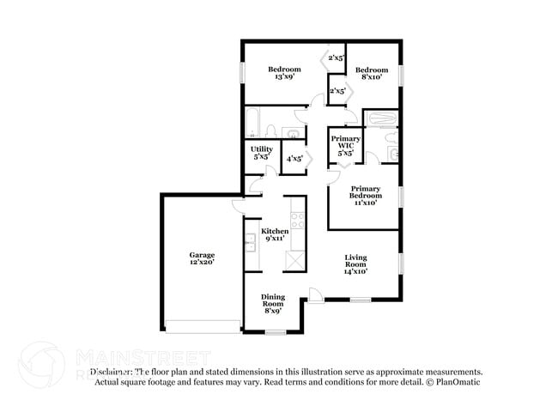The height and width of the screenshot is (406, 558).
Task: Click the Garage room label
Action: pos(203,256)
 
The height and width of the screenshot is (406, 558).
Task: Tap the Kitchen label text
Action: pos(275,232)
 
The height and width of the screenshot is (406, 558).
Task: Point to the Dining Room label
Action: pos(272,300)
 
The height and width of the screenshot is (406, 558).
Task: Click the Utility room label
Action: pos(261,149)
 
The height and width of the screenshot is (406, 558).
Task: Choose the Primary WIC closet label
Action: pos(345,141)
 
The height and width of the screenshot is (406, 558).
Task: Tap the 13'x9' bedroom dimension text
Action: pos(284,77)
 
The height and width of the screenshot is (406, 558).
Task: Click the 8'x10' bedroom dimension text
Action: pos(373,77)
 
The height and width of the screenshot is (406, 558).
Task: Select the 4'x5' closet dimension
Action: pos(294,158)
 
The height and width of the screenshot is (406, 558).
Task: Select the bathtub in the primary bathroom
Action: pos(379,118)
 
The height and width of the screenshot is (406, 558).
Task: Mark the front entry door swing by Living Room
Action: pos(316,295)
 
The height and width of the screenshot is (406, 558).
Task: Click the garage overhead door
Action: pos(203,325)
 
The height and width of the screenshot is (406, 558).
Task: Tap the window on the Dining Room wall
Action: pos(275,332)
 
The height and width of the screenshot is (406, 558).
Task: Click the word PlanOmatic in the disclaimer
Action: pos(458,381)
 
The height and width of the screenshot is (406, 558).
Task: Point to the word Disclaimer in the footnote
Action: pos(112,372)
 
